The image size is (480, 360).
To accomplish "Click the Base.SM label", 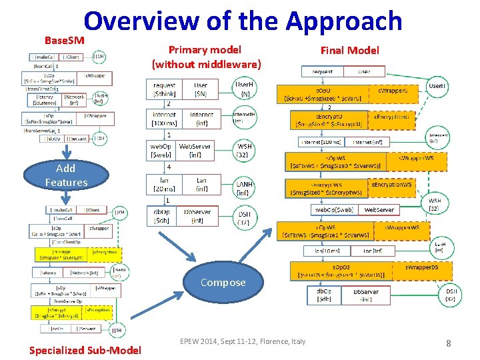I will tap(64, 41).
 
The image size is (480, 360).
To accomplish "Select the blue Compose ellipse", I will tap(223, 282).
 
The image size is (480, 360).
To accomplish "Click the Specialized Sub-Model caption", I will tap(85, 350).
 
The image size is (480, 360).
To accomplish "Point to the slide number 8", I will tap(448, 343).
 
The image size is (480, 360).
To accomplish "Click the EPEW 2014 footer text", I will tap(243, 341).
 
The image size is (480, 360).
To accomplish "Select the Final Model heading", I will tap(349, 50).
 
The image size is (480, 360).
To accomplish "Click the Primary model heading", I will tap(205, 50).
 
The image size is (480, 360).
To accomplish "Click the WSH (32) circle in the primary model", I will tap(245, 150).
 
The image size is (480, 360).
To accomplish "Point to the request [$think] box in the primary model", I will tap(164, 89).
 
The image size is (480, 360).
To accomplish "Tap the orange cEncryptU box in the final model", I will tap(326, 120).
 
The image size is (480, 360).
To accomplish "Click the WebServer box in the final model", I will tap(379, 209).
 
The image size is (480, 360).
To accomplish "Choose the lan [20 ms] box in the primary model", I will tap(164, 184).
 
